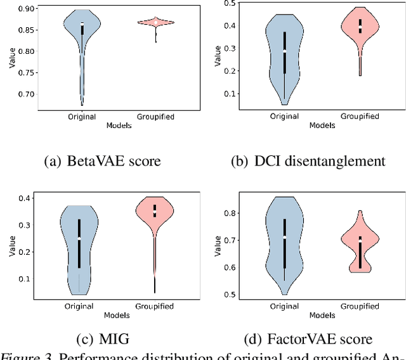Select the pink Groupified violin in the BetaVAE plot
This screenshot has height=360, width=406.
[155, 23]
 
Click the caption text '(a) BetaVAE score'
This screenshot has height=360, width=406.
[102, 161]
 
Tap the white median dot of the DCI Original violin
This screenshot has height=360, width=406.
[285, 51]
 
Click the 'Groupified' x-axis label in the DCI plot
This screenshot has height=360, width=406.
[360, 117]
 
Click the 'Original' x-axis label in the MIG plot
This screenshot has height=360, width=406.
[79, 306]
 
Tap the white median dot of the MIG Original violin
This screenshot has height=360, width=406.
[79, 238]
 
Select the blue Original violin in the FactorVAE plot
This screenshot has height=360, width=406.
[285, 241]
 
